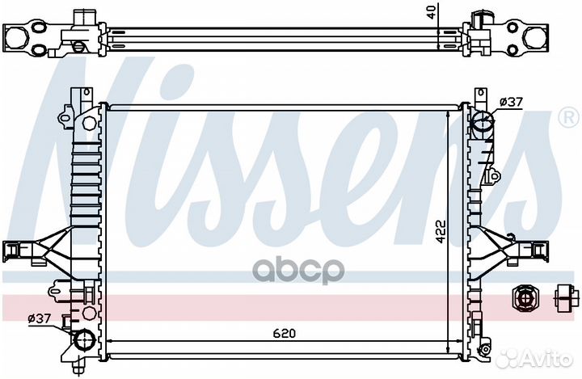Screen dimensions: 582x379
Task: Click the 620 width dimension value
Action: click(285, 333)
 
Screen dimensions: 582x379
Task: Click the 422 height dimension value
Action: click(441, 232)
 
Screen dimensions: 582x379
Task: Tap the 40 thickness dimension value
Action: click(431, 11)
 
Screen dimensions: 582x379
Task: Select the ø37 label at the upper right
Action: click(511, 102)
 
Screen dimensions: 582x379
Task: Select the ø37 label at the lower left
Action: click(40, 318)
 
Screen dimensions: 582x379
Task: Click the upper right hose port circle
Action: click(483, 120)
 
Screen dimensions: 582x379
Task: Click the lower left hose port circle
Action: click(85, 340)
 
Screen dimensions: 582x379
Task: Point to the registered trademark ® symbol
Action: click(568, 118)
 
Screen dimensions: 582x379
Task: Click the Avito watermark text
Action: click(546, 359)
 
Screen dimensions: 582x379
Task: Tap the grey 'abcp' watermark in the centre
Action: click(298, 271)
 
